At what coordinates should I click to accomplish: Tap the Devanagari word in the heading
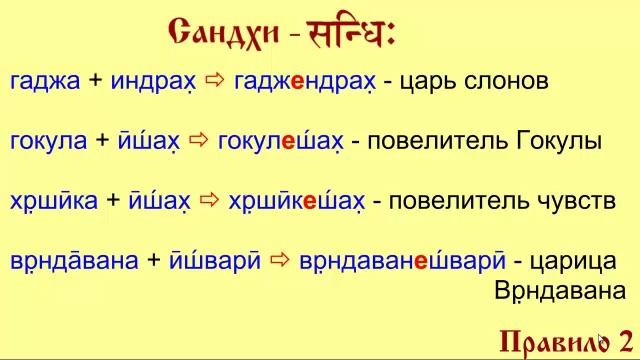[x=349, y=35]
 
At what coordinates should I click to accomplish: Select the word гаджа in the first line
[x=44, y=83]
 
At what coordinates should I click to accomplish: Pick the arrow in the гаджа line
[x=215, y=82]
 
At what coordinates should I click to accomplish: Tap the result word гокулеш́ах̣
[x=280, y=142]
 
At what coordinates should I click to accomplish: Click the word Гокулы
[x=560, y=142]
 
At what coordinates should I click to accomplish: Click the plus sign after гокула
[x=103, y=142]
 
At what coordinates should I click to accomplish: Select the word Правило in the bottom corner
[x=551, y=338]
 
